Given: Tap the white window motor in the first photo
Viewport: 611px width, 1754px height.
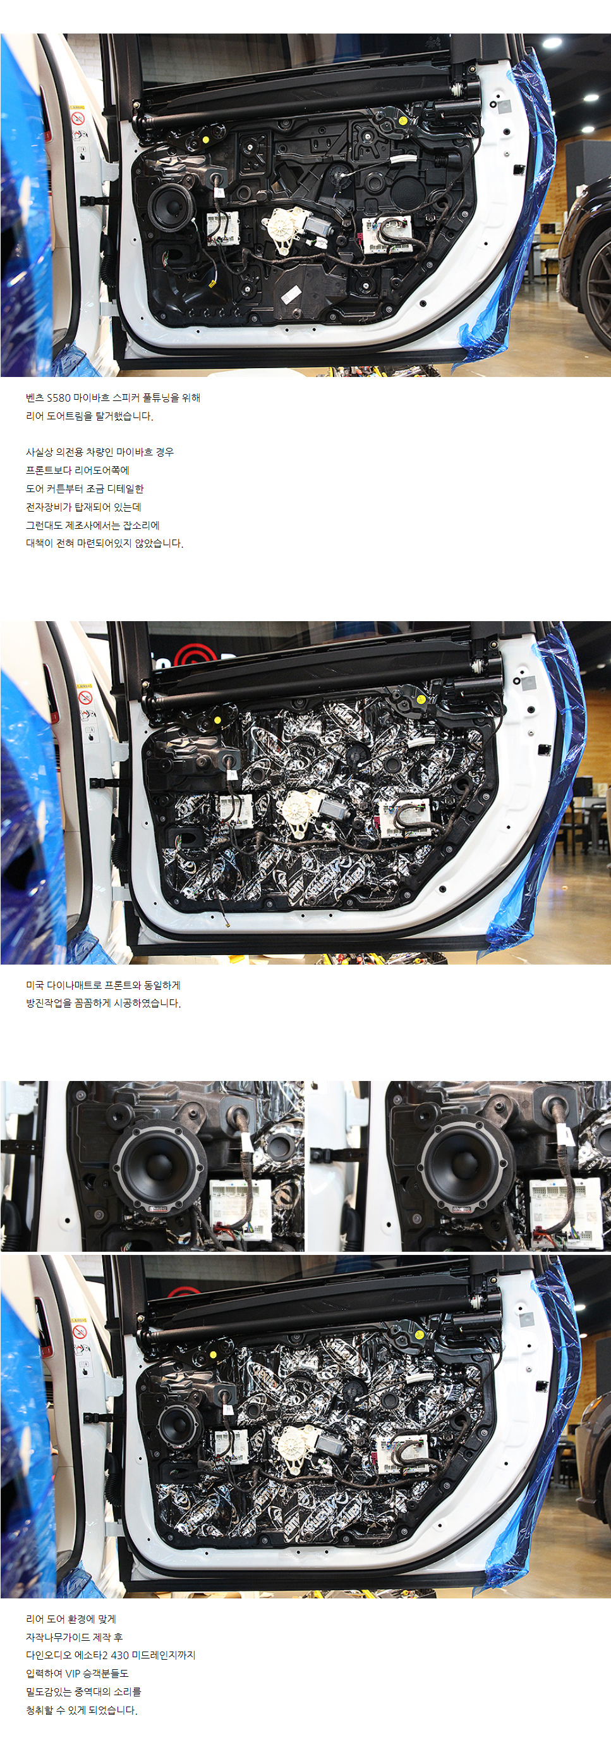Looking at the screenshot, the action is coord(286,226).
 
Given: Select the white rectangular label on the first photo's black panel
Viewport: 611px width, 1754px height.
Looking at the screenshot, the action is coord(291,294).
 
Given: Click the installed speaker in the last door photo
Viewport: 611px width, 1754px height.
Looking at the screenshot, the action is coord(176,1423).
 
